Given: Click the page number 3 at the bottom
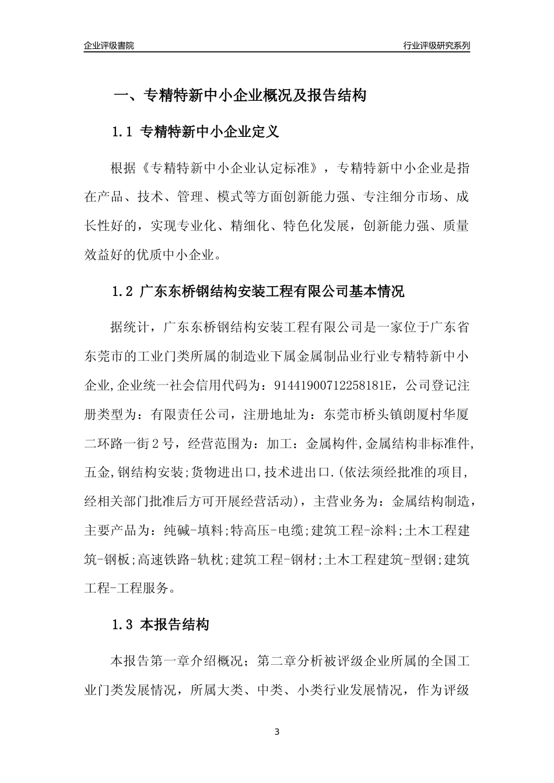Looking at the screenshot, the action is pos(277,731).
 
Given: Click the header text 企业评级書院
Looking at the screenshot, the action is pos(109,45).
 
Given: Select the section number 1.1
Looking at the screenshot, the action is pos(123,132).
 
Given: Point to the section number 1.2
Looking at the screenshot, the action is pos(123,291).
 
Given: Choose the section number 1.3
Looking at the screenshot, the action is pos(123,626).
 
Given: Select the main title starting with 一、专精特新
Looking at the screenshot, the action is pos(239,95).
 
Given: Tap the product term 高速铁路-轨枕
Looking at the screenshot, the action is pos(181,560).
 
